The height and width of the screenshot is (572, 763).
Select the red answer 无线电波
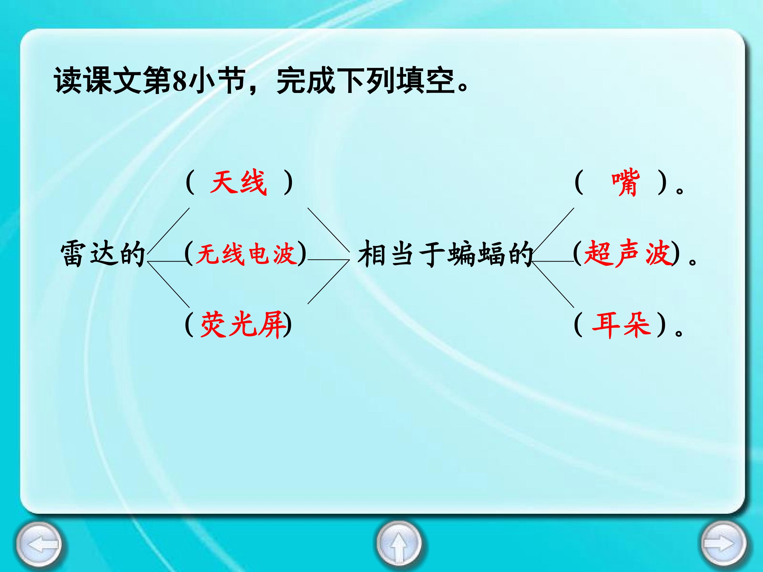point(247,254)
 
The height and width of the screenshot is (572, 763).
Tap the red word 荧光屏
point(243,325)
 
